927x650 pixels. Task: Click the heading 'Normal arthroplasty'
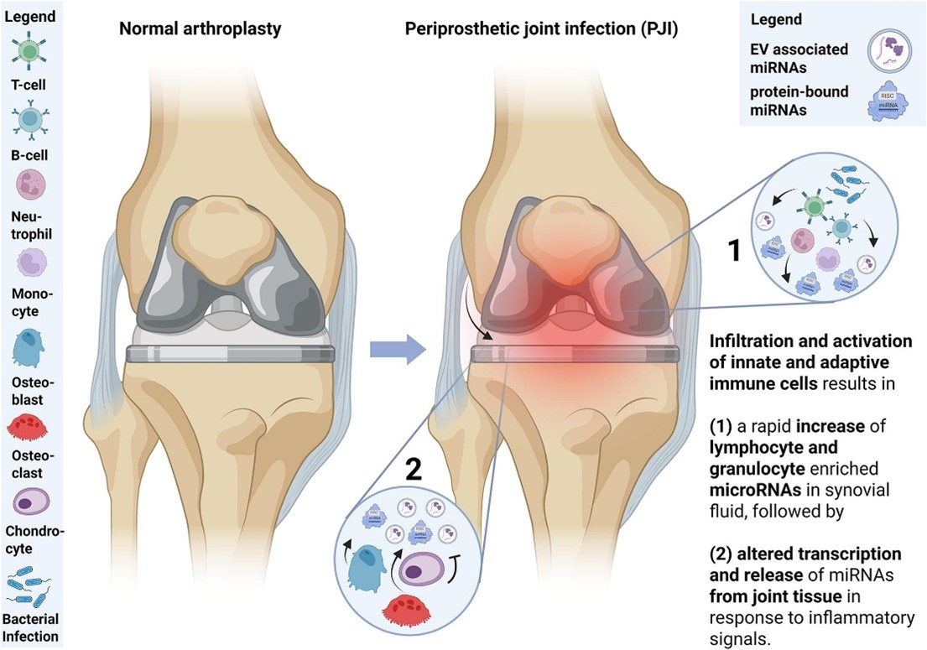[x=201, y=28]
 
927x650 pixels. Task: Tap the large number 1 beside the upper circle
[x=732, y=249]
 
